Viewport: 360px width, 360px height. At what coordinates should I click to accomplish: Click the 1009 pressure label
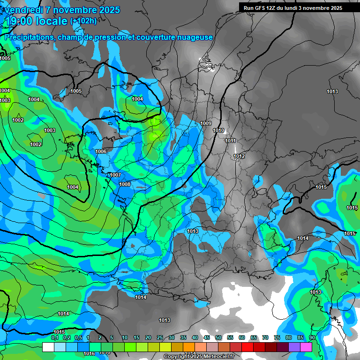coord(206,123)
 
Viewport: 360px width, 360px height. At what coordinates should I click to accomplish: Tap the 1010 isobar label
coord(218,131)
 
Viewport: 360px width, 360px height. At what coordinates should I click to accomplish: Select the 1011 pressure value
coord(230,141)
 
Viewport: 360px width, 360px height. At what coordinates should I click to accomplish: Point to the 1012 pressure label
coord(239,156)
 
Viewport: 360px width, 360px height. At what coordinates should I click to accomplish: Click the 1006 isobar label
coord(101,151)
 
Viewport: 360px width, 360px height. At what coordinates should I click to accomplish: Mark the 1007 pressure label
coord(115,175)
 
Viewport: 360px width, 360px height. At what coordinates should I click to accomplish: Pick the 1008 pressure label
coord(125,184)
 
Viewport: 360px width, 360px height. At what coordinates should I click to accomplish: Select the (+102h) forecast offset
coord(83,21)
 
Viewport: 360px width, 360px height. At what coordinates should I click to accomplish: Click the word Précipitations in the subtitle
coord(29,37)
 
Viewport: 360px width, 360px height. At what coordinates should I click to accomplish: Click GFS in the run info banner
coord(260,8)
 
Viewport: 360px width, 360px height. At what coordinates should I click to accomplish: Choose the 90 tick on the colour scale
coord(312,337)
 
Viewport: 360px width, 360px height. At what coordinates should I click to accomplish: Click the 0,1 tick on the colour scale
coord(54,337)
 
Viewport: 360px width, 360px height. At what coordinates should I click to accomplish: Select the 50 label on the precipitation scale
coord(218,337)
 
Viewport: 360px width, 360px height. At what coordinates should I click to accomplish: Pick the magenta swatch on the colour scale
coord(306,347)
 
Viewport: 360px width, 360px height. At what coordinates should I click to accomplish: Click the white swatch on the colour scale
coord(48,347)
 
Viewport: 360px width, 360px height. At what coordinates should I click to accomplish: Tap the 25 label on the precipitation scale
coord(160,337)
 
